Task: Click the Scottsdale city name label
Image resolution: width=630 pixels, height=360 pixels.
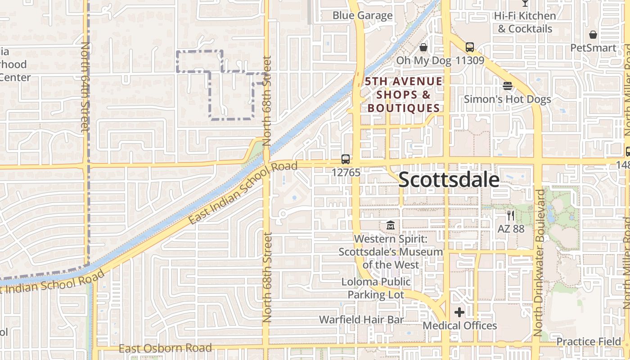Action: tap(449, 180)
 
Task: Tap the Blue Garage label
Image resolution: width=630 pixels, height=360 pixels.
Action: tap(362, 15)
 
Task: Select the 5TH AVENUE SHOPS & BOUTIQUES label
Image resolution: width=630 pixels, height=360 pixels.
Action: tap(404, 94)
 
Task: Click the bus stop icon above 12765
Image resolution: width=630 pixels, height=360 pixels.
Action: tap(346, 159)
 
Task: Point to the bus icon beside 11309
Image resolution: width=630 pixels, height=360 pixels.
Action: tap(470, 47)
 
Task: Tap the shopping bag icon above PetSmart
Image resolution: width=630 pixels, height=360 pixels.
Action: tap(593, 35)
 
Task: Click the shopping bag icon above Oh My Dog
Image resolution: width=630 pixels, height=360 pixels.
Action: tap(423, 47)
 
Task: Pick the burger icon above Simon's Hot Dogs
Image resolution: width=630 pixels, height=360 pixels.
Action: tap(508, 86)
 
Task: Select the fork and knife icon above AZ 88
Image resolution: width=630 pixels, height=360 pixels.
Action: tap(511, 216)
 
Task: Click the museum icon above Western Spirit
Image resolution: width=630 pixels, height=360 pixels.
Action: tap(391, 225)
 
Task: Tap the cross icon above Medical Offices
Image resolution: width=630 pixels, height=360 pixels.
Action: tap(459, 312)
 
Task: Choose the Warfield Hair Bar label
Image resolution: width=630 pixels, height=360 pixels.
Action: tap(361, 319)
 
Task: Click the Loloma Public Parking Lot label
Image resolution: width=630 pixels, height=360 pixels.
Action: tap(376, 288)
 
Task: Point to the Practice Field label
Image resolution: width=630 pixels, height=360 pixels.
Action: tap(589, 342)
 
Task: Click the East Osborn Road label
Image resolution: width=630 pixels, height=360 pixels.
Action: tap(165, 348)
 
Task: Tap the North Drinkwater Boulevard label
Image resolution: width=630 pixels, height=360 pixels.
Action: tap(538, 263)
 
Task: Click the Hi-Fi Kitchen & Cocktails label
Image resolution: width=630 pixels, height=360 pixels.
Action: tap(525, 22)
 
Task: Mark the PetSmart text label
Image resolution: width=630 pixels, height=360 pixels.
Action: tap(593, 48)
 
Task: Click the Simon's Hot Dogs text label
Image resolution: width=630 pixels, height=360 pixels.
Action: tap(507, 99)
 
